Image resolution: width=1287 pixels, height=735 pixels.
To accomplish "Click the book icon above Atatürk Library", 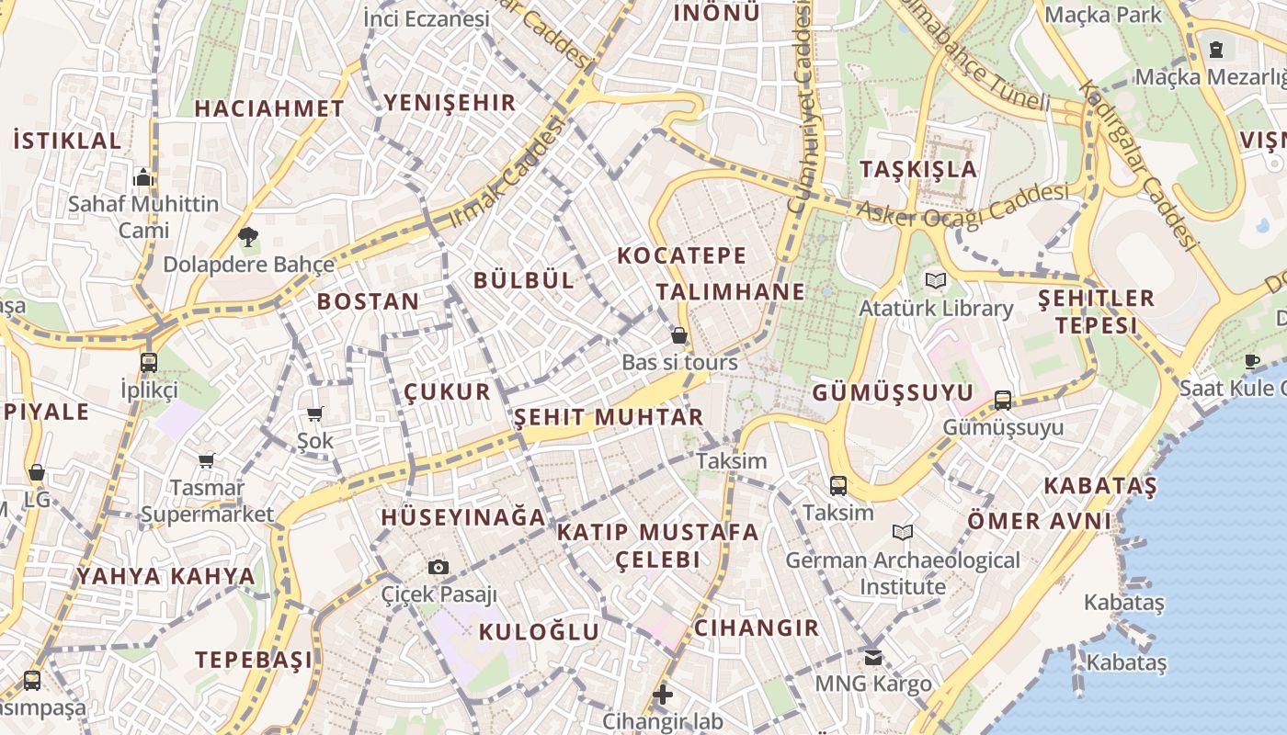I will [x=935, y=280].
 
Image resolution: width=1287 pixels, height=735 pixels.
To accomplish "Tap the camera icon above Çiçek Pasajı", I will [x=438, y=567].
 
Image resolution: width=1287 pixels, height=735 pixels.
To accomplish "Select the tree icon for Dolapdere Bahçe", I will [x=247, y=237].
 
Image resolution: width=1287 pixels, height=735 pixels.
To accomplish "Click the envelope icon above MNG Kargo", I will [x=872, y=657].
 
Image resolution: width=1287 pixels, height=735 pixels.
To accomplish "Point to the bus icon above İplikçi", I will [x=149, y=362].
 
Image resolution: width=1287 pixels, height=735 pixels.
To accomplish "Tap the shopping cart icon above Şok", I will [x=315, y=414].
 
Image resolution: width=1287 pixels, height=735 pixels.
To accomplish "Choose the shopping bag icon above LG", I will [x=37, y=473].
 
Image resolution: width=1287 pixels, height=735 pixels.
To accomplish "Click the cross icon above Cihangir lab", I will [x=662, y=695].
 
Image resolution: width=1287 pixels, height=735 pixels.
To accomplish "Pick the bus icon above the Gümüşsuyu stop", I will [x=1002, y=401].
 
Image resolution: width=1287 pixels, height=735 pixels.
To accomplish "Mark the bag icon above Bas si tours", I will [x=679, y=335].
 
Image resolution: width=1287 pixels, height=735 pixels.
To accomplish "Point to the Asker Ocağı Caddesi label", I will [x=963, y=204].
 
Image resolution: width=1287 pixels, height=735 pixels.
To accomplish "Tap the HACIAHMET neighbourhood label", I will [x=269, y=108].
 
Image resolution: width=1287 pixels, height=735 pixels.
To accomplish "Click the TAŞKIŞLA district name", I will [x=918, y=169].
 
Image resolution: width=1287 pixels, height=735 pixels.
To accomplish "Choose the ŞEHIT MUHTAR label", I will [x=609, y=417].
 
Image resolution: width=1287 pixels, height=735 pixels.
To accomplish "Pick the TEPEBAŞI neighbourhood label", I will [x=253, y=660].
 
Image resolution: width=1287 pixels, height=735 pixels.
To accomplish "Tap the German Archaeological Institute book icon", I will [x=903, y=532].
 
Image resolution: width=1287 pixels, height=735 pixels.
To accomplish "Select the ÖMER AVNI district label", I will [x=1039, y=522].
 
